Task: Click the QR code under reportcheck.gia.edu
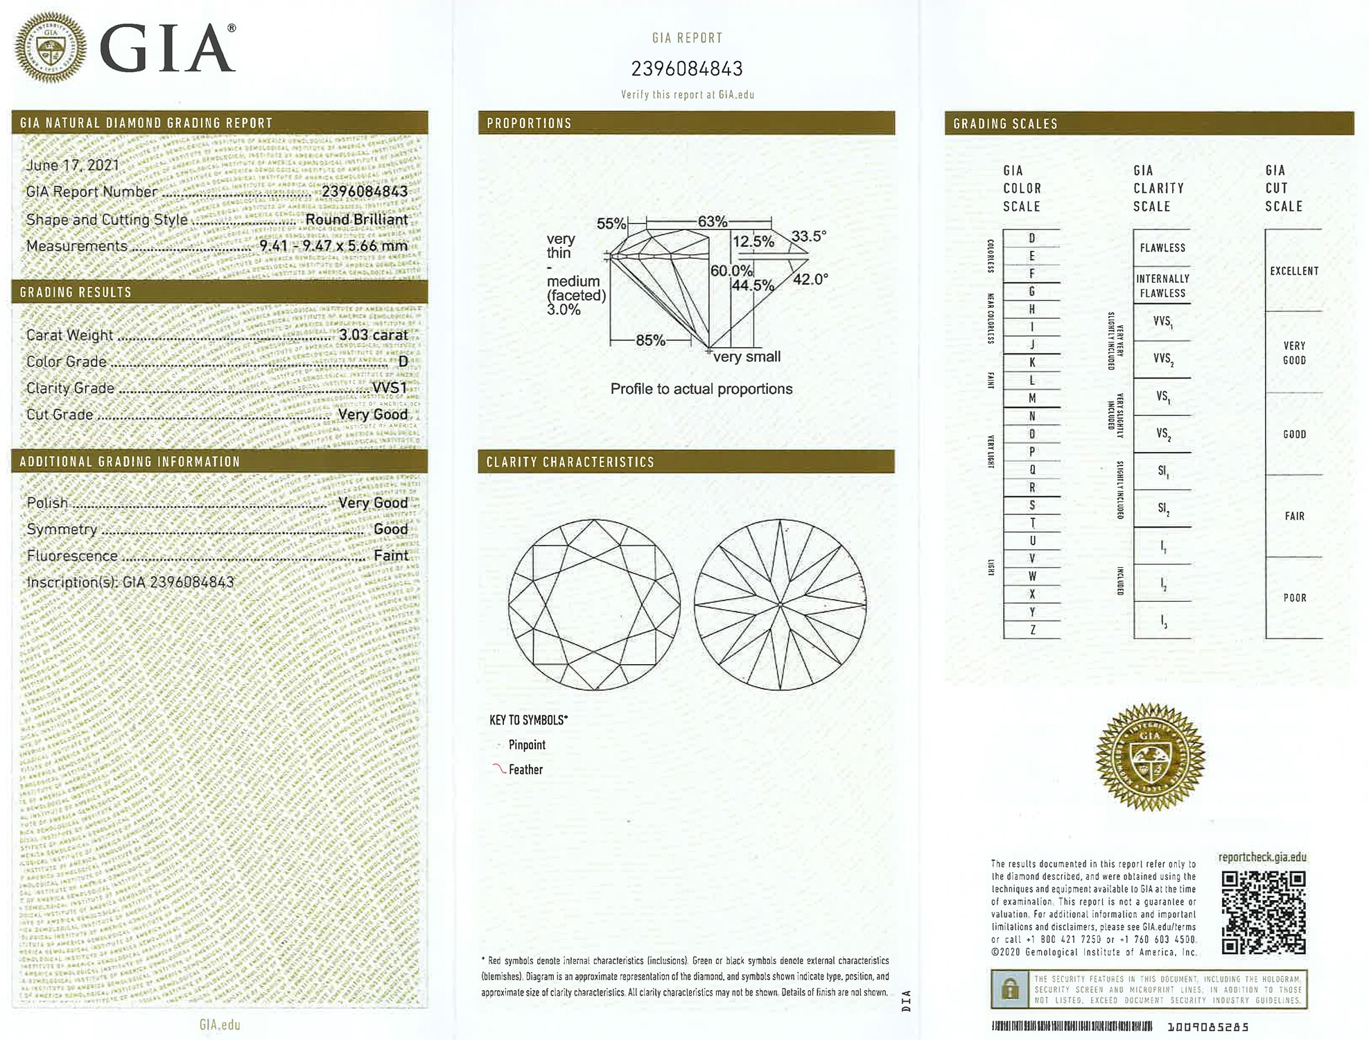click(1263, 912)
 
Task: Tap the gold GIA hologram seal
click(1151, 757)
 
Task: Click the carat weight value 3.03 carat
click(373, 335)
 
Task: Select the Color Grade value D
click(403, 361)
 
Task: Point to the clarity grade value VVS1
click(390, 388)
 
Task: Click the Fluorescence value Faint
click(391, 555)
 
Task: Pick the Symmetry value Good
click(391, 529)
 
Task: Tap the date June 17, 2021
click(73, 165)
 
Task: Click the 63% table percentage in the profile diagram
click(712, 222)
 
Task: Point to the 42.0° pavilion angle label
click(810, 279)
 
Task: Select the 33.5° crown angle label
click(808, 236)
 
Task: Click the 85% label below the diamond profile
click(650, 340)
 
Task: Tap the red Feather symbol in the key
click(498, 769)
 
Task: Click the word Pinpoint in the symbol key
click(527, 745)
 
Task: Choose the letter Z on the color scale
click(1032, 630)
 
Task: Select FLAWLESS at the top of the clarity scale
click(1162, 248)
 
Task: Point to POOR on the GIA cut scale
click(1294, 598)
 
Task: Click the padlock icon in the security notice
click(1010, 989)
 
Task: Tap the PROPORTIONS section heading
click(529, 123)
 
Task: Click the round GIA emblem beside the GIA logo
click(51, 48)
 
